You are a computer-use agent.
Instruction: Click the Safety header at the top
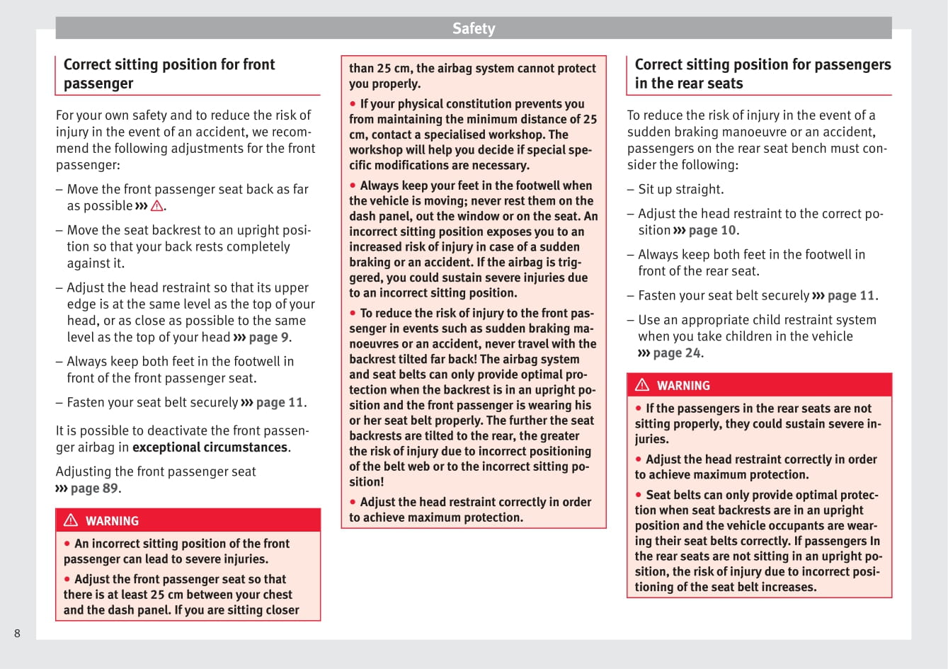474,28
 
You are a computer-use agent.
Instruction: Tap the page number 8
17,633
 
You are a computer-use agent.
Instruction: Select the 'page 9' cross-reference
268,338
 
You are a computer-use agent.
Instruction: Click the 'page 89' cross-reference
94,488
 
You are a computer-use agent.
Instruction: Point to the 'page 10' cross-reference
712,231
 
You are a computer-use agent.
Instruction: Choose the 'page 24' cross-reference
676,353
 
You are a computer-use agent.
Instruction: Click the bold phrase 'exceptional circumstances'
210,447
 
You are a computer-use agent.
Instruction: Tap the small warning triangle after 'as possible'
157,206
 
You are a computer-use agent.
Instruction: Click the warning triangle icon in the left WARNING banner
71,520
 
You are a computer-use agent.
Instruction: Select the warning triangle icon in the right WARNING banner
642,385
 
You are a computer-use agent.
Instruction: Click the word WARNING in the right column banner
683,386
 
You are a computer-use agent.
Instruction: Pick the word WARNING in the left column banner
112,521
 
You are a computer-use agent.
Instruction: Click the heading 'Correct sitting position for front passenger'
169,74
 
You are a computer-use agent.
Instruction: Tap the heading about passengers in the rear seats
763,74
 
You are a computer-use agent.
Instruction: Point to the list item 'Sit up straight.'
680,190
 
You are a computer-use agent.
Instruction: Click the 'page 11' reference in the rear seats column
851,296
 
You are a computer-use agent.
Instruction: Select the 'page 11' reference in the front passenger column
280,403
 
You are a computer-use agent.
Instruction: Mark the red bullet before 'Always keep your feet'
353,185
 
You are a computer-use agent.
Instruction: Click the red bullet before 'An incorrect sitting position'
67,544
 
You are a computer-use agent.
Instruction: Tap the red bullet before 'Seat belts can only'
639,495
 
